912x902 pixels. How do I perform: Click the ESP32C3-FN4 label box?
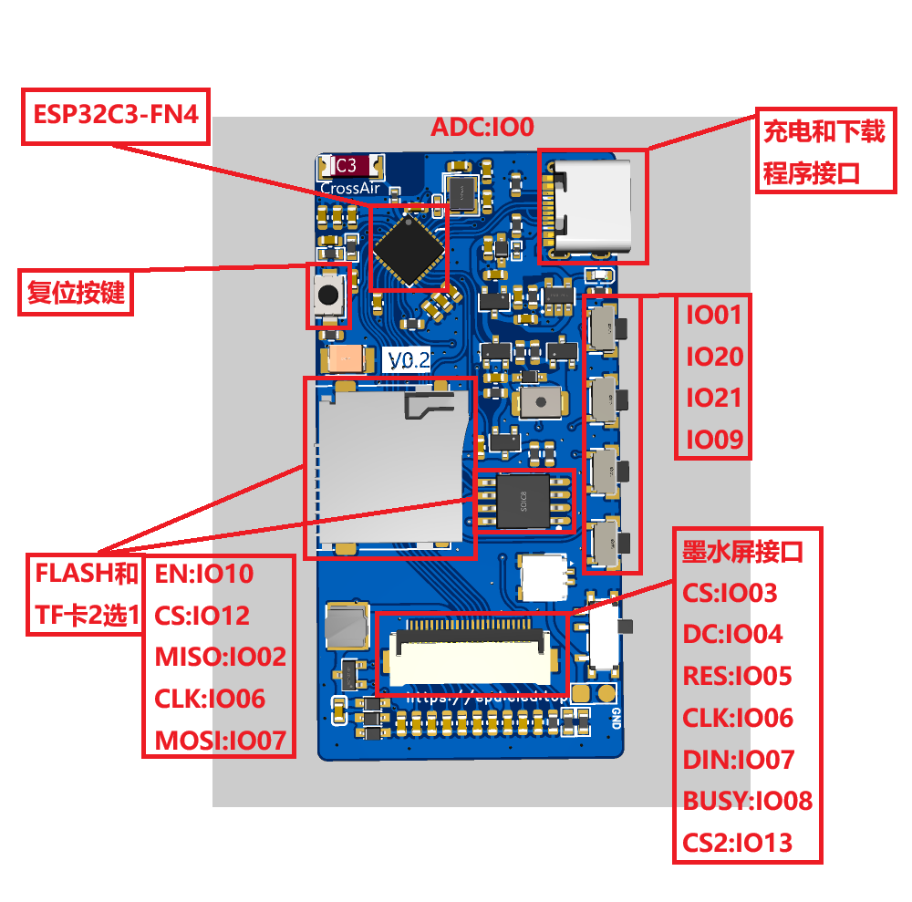[115, 115]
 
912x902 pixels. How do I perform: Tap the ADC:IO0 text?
[482, 127]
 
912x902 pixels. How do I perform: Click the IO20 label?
[714, 357]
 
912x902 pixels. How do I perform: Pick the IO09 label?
[714, 441]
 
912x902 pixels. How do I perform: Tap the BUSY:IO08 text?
[747, 801]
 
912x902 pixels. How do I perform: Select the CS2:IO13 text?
[737, 842]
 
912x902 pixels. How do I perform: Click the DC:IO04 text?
[732, 634]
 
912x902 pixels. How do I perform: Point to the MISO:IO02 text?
[220, 657]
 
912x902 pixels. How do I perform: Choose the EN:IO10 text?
[203, 574]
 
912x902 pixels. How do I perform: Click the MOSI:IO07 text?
[220, 740]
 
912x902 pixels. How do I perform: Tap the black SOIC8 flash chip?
[524, 500]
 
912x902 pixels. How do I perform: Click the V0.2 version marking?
[409, 360]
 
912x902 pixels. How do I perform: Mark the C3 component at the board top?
[351, 166]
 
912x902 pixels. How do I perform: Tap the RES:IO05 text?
[737, 676]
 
